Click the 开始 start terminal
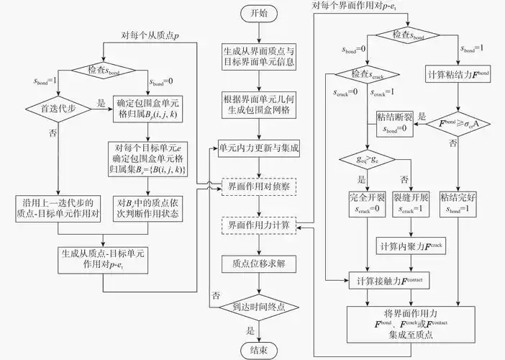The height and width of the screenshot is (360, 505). pos(257,14)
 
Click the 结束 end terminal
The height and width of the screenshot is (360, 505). pos(257,350)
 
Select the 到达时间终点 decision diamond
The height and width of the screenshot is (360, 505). pos(257,307)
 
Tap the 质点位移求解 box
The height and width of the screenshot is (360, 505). pos(257,264)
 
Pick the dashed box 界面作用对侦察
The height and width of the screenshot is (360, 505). pos(257,186)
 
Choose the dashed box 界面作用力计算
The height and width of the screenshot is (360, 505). pos(257,225)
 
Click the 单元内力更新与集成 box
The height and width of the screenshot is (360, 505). pos(257,148)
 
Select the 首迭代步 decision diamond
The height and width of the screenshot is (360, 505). pos(57,110)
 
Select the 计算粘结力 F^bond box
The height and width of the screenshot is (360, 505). pos(458,75)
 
